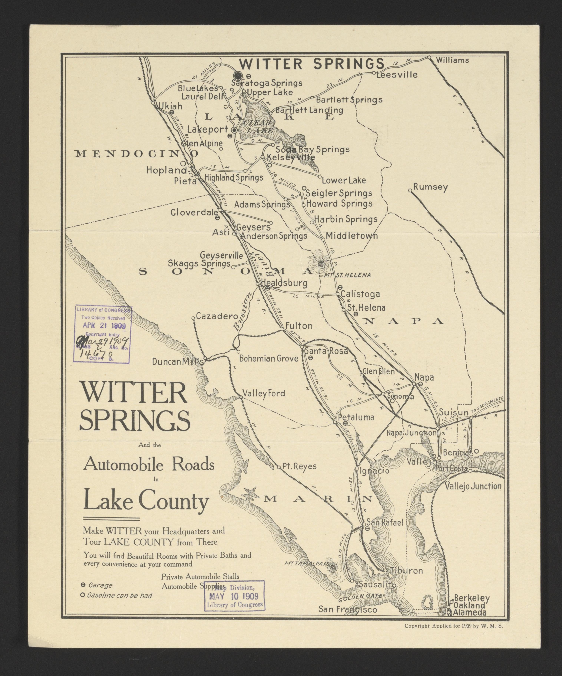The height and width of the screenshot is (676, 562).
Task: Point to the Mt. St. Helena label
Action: pos(348,275)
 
